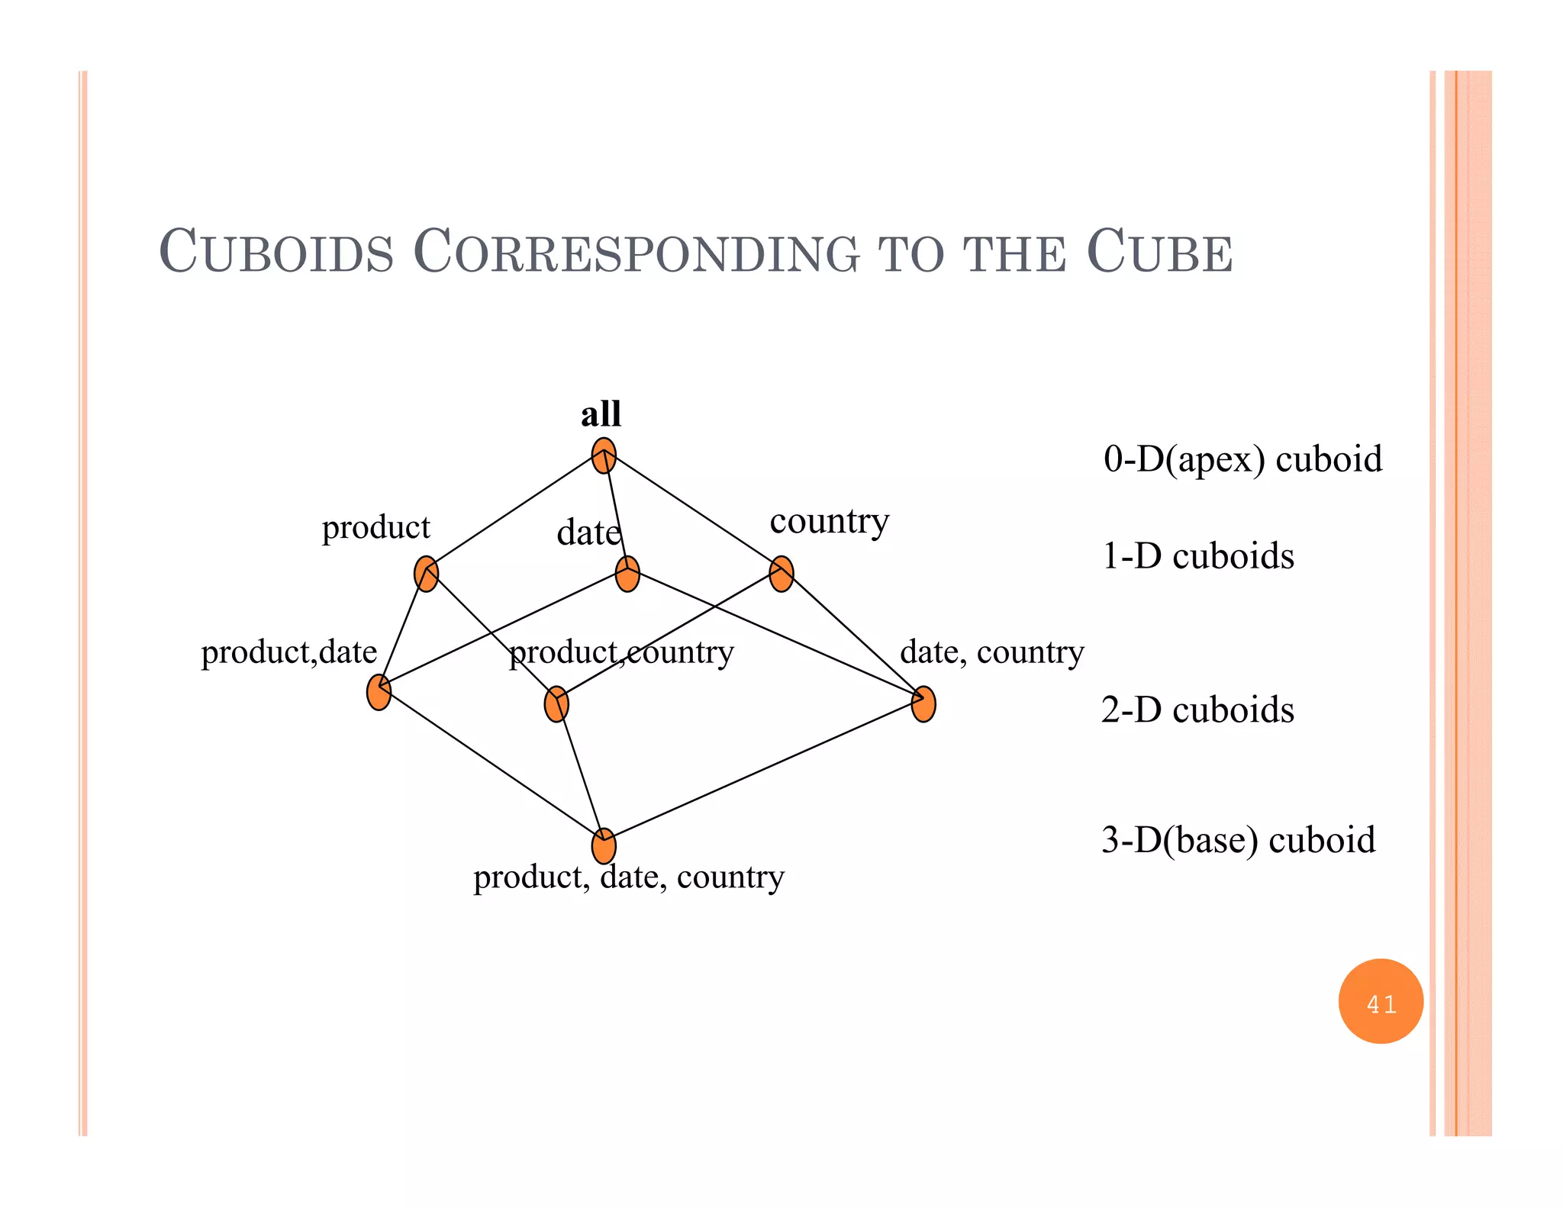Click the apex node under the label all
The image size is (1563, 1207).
click(x=604, y=455)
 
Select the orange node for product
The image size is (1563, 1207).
click(x=426, y=574)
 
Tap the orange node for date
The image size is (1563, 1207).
click(x=627, y=574)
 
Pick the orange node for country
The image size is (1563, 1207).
click(x=781, y=574)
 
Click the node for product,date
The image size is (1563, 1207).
click(x=379, y=692)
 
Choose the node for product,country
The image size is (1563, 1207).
click(x=556, y=703)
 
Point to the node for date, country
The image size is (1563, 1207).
click(x=923, y=703)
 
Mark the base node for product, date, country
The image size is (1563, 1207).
click(x=604, y=846)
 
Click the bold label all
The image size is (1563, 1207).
click(x=601, y=414)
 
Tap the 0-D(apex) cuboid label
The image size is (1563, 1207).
click(x=1242, y=459)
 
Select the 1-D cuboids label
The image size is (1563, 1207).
click(x=1198, y=556)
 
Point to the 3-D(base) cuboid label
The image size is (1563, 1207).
click(x=1239, y=840)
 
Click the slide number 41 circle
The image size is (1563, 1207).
click(x=1381, y=1002)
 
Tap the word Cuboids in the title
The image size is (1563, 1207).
click(x=276, y=252)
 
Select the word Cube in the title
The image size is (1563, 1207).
click(x=1159, y=252)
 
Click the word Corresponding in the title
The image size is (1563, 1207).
click(x=636, y=252)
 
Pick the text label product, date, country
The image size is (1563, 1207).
click(x=629, y=877)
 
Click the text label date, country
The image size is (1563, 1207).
click(x=992, y=652)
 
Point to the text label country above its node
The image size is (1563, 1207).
click(x=830, y=522)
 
